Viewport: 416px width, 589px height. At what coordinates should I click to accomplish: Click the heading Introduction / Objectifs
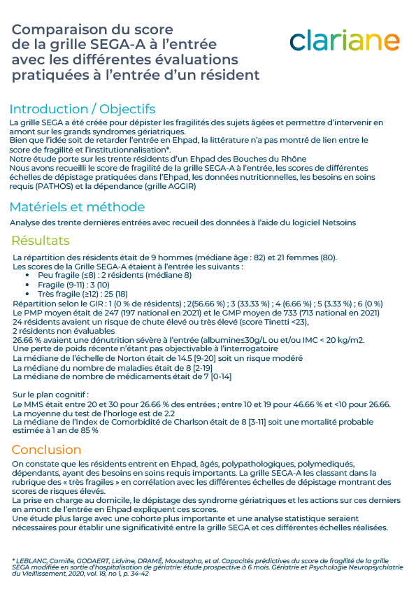82,109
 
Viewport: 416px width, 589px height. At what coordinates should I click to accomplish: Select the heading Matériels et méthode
77,207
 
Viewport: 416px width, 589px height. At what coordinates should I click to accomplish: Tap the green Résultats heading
41,241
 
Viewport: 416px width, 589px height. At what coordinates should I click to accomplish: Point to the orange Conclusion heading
46,449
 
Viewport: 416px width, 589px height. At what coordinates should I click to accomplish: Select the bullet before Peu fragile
27,275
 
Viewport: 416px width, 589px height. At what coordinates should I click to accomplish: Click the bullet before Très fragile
27,294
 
